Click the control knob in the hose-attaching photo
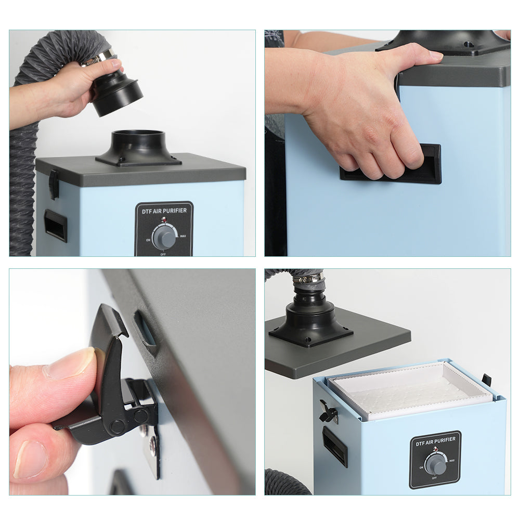[x=164, y=238]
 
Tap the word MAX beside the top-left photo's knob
[x=183, y=236]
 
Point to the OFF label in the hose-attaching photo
[x=163, y=254]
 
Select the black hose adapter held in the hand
[x=116, y=93]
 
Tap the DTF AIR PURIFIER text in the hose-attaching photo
[x=164, y=211]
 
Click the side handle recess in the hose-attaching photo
[x=56, y=225]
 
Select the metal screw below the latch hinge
[x=152, y=445]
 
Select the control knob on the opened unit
[x=436, y=464]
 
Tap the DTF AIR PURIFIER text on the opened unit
[x=436, y=441]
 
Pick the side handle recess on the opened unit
[x=334, y=446]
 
